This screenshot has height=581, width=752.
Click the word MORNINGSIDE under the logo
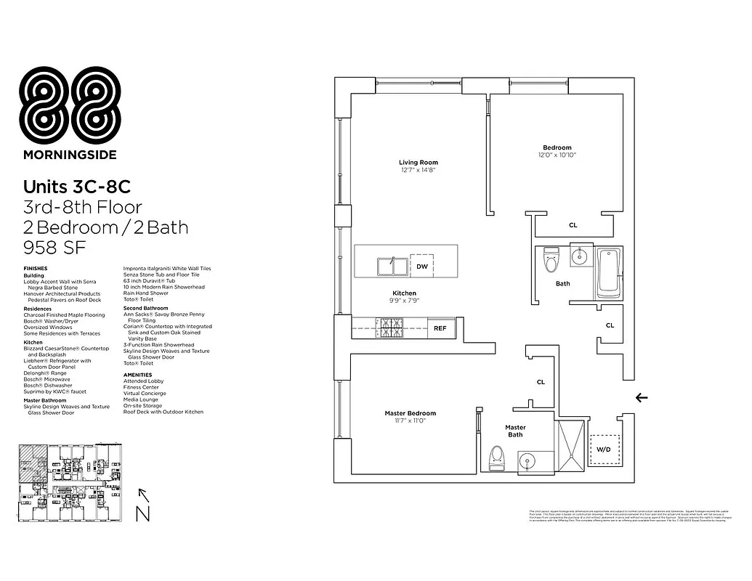pyautogui.click(x=70, y=154)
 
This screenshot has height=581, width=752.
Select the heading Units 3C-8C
pyautogui.click(x=76, y=187)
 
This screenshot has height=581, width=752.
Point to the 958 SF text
pyautogui.click(x=55, y=247)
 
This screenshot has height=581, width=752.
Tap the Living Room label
pyautogui.click(x=418, y=162)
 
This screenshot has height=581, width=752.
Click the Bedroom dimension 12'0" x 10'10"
pyautogui.click(x=557, y=155)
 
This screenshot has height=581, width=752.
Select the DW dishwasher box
pyautogui.click(x=421, y=267)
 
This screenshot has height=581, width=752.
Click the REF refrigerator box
pyautogui.click(x=440, y=328)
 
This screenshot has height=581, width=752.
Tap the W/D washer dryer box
pyautogui.click(x=604, y=449)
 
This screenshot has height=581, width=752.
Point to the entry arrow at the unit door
pyautogui.click(x=642, y=397)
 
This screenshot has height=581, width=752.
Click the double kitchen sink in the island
pyautogui.click(x=392, y=267)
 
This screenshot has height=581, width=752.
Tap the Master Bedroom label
pyautogui.click(x=410, y=413)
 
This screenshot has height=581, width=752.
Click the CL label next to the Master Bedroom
pyautogui.click(x=541, y=381)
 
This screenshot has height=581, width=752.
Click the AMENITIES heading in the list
pyautogui.click(x=138, y=375)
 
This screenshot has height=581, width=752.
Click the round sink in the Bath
pyautogui.click(x=579, y=256)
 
